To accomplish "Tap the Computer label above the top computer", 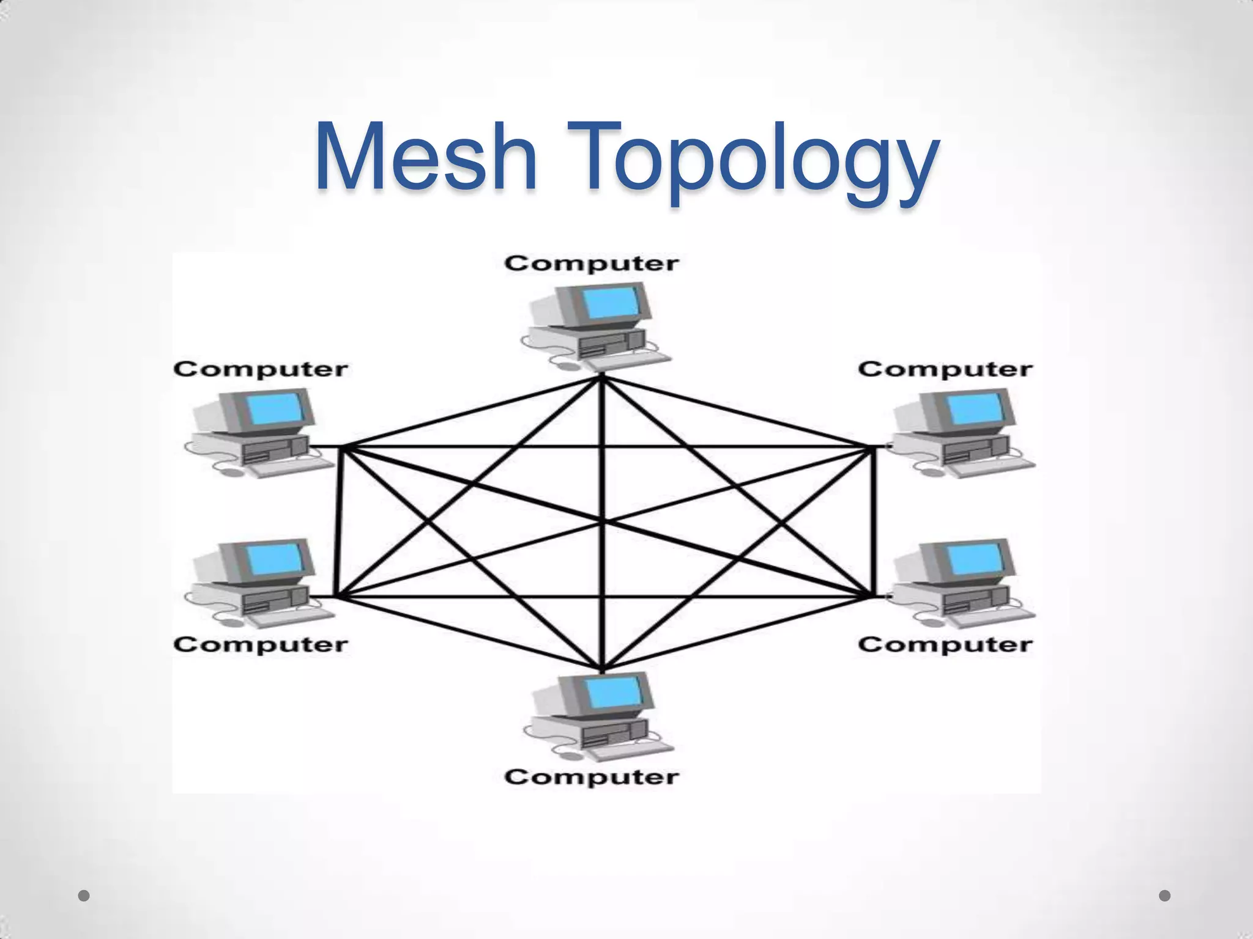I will click(x=592, y=264).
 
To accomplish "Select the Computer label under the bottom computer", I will click(x=592, y=777).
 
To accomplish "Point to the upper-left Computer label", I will click(x=261, y=369).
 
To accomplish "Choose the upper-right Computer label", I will click(x=945, y=369).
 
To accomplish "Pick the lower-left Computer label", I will click(x=261, y=644).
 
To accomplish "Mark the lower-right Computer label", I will click(x=945, y=644).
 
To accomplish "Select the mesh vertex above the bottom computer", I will click(x=602, y=668).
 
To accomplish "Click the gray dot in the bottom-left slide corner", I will click(x=84, y=896).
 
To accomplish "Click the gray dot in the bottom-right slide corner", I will click(x=1165, y=896).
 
